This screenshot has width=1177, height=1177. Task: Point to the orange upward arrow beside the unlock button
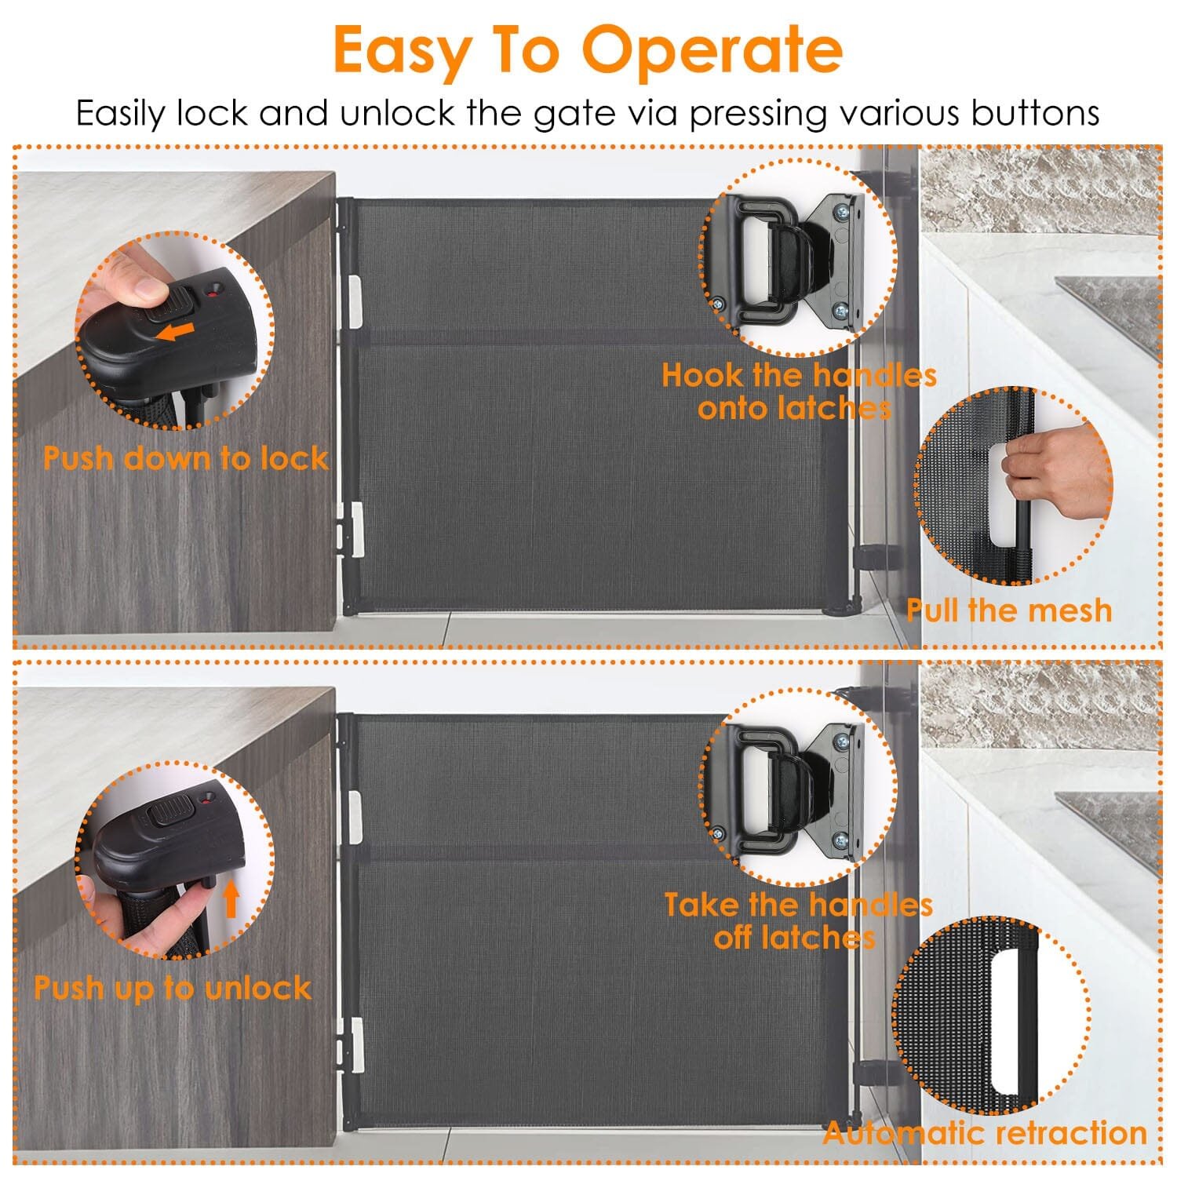pos(231,898)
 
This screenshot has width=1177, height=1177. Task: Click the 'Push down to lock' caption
pos(185,458)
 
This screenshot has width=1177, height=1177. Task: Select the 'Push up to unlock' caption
pos(173,988)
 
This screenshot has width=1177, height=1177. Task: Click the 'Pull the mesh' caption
pos(1009,610)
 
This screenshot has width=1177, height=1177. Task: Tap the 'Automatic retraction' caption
pos(986,1133)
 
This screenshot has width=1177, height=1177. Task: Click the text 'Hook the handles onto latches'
pos(799,392)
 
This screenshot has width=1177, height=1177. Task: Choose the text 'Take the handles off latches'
pos(798,921)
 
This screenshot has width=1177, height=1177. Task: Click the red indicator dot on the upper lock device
pos(211,295)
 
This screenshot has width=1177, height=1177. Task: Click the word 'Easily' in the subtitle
pos(121,115)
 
